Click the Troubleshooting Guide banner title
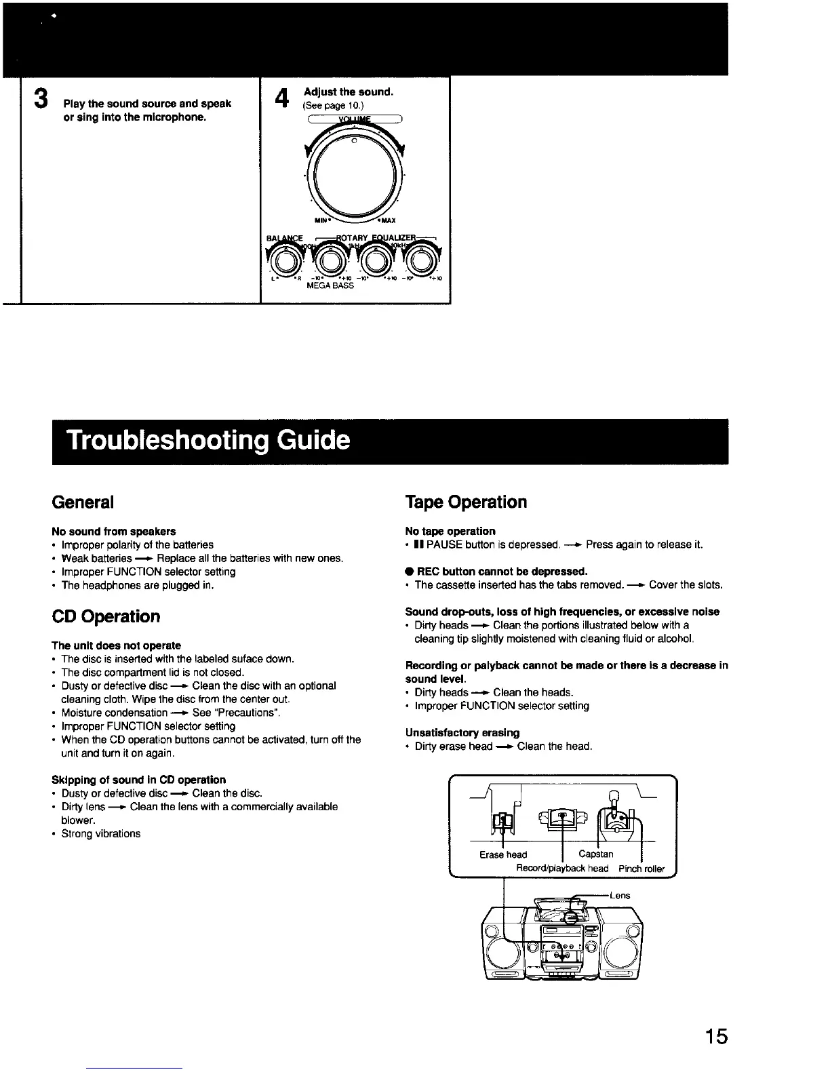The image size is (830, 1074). coord(208,441)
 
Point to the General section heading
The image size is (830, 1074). coord(83,502)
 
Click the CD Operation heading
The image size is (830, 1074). coord(106,617)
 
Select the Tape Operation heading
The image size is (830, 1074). coord(465,502)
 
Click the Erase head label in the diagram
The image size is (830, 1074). coord(502,855)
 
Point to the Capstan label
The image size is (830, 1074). coord(595,854)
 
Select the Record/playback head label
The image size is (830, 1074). coord(562,869)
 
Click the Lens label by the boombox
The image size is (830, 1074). coord(620,896)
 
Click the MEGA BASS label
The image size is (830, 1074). coord(330,286)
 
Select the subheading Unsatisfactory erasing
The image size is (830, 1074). coord(462,733)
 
